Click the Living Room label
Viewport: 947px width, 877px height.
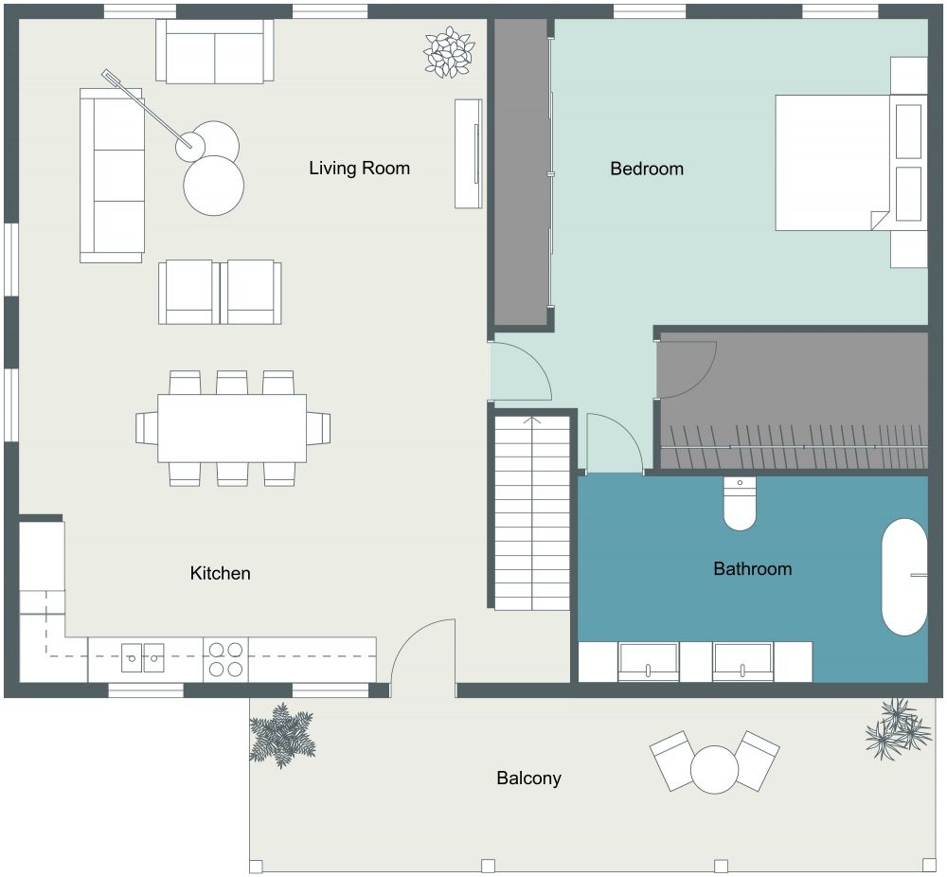(x=359, y=169)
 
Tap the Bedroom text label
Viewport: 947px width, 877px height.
(x=647, y=169)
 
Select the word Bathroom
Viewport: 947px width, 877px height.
(x=752, y=569)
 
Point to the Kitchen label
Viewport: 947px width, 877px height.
(x=220, y=573)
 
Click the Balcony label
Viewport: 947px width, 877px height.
(x=528, y=779)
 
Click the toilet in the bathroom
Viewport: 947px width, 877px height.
(x=740, y=505)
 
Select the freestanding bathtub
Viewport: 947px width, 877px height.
(x=904, y=576)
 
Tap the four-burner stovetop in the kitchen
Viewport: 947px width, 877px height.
(x=225, y=659)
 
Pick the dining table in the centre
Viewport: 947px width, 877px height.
(x=232, y=428)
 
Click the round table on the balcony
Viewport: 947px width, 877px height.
(x=714, y=769)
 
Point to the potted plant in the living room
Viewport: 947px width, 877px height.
(x=449, y=51)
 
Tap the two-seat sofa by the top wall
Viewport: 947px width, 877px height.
(x=215, y=51)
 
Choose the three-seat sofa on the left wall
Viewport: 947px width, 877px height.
(x=112, y=175)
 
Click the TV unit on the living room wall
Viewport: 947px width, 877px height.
(x=469, y=152)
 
